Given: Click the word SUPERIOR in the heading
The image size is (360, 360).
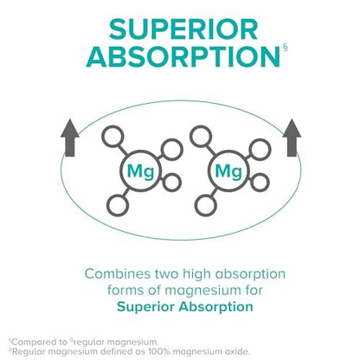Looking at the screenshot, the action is point(183,29).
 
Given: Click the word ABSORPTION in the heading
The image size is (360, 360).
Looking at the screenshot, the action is point(183,56).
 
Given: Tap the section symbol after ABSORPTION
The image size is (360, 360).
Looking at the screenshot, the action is point(286,48).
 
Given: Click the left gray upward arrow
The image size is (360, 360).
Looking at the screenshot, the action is point(70,138).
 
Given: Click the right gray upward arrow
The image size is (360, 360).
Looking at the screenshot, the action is point(292,138).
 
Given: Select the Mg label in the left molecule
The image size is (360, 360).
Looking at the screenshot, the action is point(140,171).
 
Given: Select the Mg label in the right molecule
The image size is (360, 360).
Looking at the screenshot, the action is point(228,171).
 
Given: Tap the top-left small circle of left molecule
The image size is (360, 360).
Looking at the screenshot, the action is point(112,136).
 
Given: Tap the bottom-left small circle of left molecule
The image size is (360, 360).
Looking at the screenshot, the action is point(118,205).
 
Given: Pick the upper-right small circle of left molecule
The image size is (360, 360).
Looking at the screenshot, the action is point(172,150).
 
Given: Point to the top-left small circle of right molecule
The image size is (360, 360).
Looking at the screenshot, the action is point(201,136).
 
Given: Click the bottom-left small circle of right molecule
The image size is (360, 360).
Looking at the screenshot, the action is point(206,205).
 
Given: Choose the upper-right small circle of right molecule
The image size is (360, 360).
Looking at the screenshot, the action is point(260,150).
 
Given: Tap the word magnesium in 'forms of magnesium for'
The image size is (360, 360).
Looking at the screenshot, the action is point(205,291).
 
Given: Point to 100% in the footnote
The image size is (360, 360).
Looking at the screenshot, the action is point(159,351).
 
